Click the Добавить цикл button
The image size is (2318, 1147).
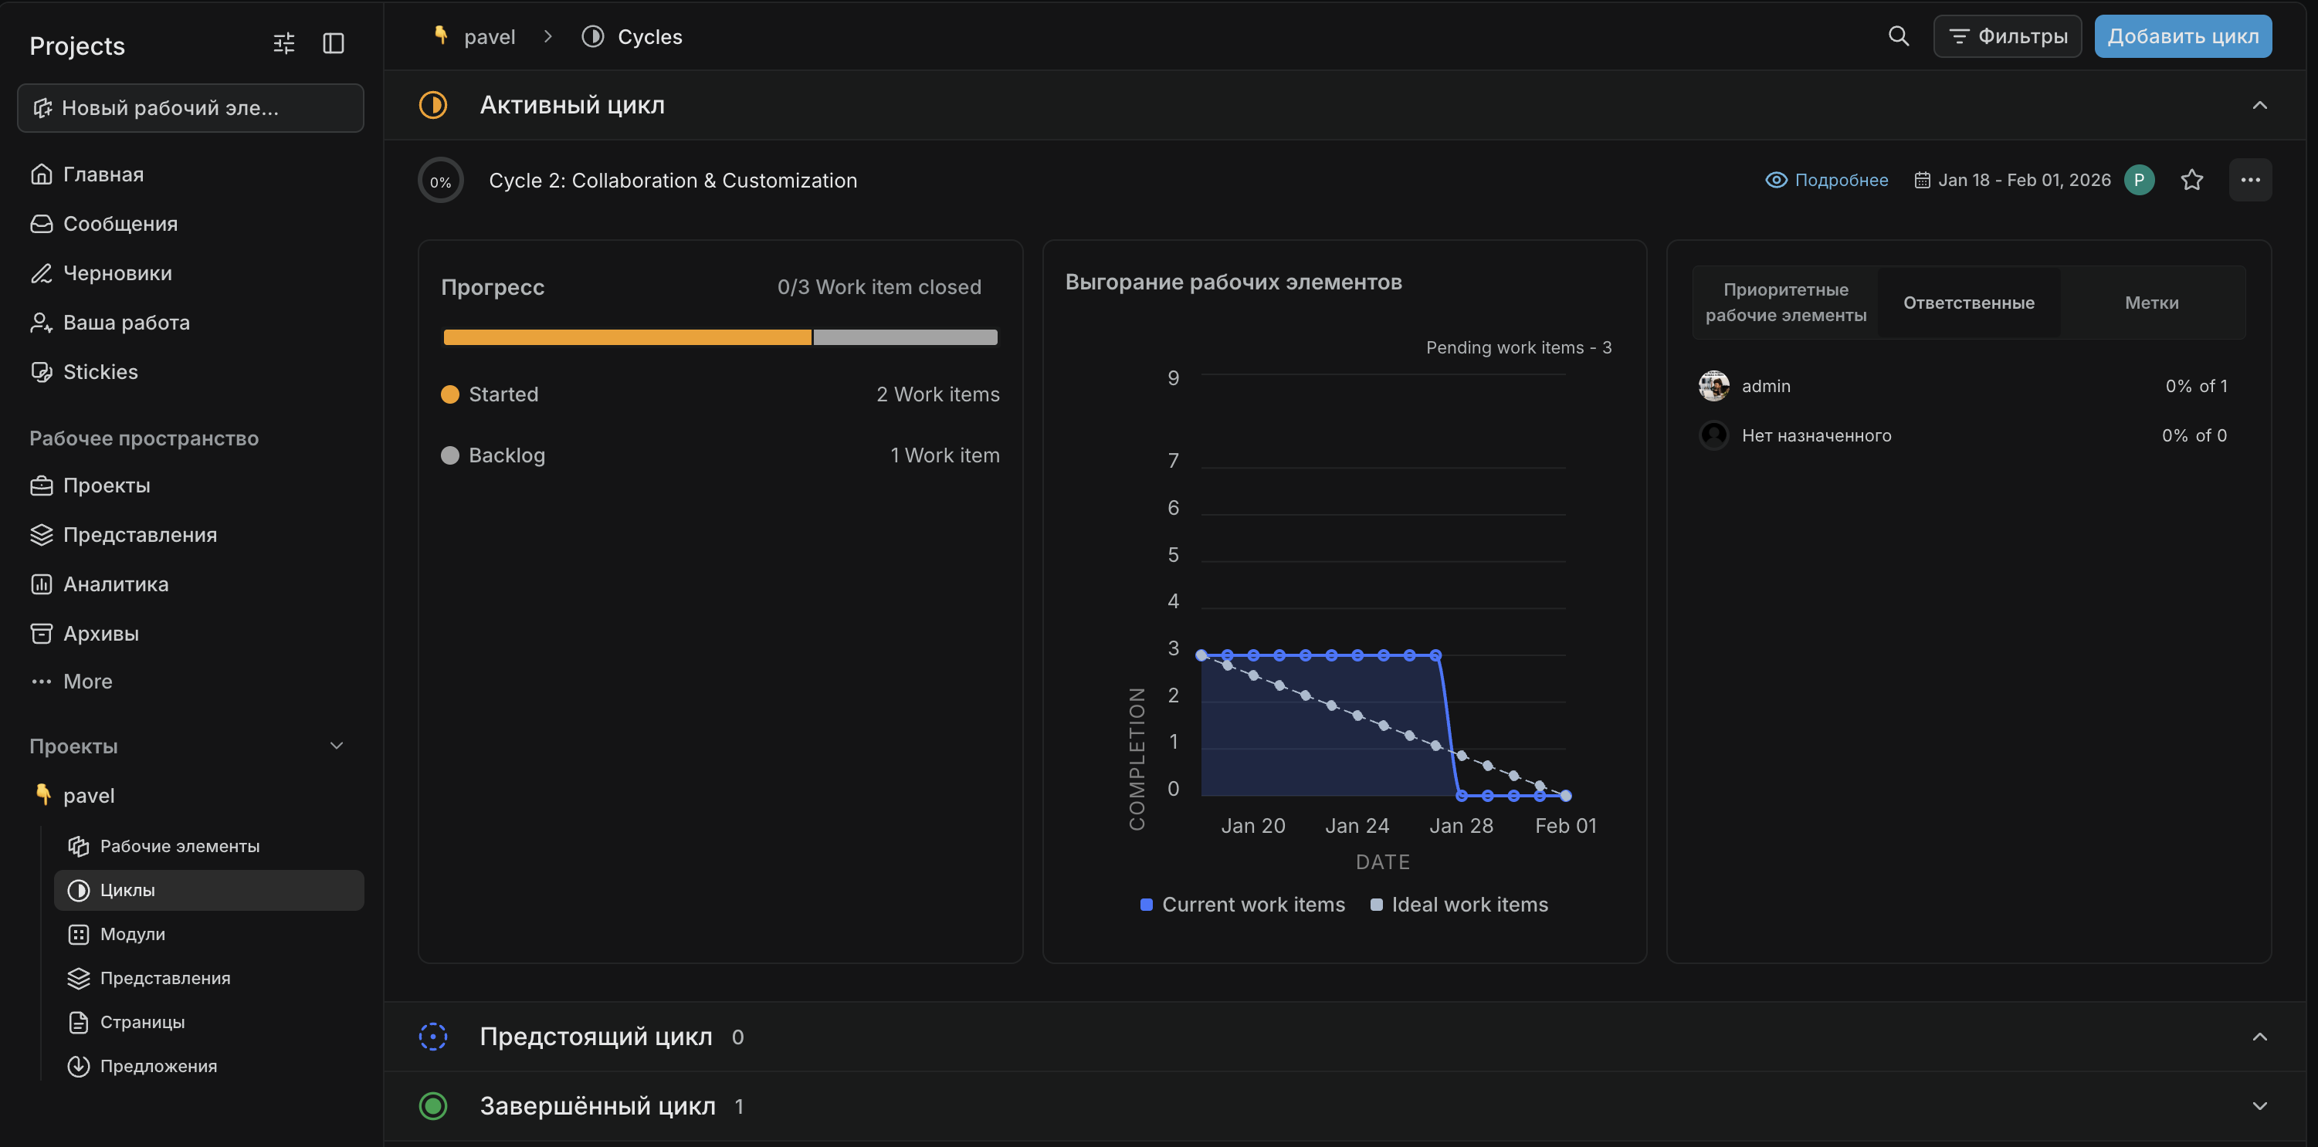2182,36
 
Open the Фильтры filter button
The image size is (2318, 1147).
2007,36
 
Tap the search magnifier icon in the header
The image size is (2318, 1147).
1898,36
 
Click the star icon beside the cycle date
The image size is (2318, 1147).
2191,180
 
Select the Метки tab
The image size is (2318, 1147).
2150,303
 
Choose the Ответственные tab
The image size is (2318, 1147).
1968,303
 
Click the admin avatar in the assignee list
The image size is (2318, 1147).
1713,386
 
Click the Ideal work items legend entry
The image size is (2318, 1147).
1459,904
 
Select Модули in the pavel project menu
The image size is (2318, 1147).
132,934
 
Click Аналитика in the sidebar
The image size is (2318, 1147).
115,584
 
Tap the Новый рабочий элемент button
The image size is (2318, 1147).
190,108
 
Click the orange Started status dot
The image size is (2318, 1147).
450,394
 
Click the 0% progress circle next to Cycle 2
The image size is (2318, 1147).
440,181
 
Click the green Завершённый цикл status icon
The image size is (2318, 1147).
433,1105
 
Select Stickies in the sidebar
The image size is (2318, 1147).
100,371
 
